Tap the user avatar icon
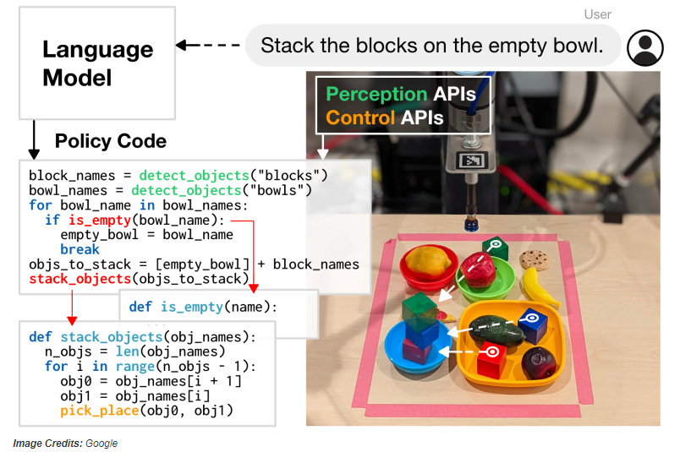[x=644, y=46]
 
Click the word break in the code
[x=80, y=249]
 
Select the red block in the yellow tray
[x=491, y=361]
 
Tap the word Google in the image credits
[x=101, y=444]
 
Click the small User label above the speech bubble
[x=597, y=14]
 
